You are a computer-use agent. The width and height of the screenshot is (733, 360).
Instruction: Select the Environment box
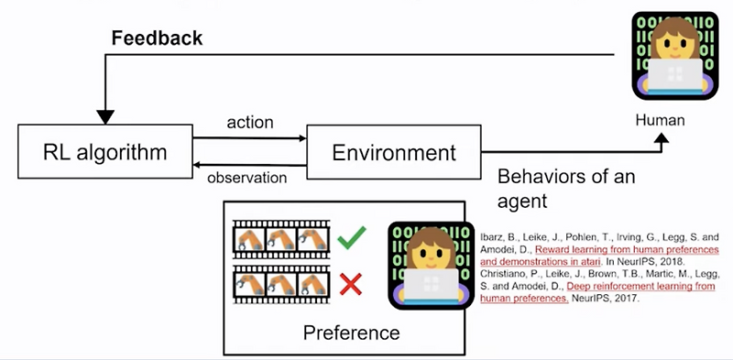393,152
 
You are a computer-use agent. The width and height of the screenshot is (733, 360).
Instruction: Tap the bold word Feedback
157,38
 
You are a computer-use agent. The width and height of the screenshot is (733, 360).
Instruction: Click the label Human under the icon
660,120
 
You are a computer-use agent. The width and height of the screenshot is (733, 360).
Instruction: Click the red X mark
350,286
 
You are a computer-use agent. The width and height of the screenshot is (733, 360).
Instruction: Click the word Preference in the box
351,332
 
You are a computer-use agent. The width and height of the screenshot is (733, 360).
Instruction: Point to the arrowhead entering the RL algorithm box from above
105,116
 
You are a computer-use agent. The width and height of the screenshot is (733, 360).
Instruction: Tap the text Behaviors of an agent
563,186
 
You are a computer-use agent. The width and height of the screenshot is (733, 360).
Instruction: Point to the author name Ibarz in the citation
493,237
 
